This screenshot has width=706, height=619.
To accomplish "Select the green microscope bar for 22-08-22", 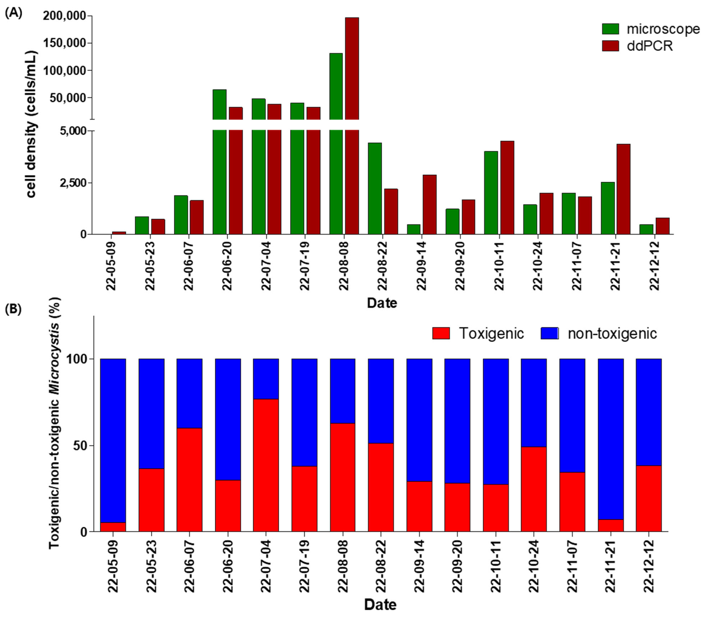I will click(375, 188).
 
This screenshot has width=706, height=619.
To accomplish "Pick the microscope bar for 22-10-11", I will click(491, 193).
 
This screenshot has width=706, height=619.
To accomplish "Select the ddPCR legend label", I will click(650, 46).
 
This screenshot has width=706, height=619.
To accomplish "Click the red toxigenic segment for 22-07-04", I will click(266, 465).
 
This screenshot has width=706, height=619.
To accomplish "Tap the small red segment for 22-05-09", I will click(113, 527).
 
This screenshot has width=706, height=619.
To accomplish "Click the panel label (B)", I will click(13, 309).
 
